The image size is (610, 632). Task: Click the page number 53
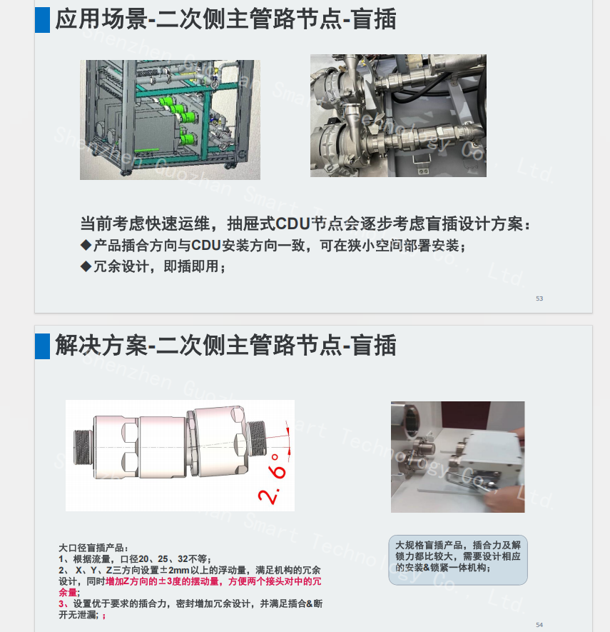tap(539, 299)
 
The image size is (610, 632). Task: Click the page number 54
tap(539, 625)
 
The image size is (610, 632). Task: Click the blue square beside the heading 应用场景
tap(42, 20)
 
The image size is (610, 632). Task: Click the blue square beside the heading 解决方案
tap(42, 346)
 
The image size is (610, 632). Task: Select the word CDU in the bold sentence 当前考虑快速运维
tap(293, 224)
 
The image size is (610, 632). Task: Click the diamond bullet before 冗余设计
tap(86, 266)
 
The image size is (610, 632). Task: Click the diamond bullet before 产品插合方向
tap(86, 245)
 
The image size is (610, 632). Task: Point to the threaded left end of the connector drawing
tap(83, 447)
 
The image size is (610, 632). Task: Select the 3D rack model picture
tap(170, 120)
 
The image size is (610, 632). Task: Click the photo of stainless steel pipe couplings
tap(398, 116)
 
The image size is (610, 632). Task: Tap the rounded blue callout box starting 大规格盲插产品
tap(458, 560)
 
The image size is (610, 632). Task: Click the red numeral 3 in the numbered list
tap(61, 603)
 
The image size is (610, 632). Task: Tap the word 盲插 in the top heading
tap(374, 19)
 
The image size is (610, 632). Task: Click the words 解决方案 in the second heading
tap(101, 346)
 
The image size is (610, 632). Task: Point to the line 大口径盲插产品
tap(93, 548)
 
